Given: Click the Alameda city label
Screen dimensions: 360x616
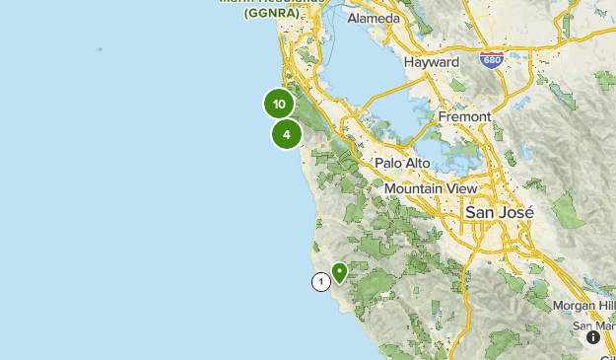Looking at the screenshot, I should tap(374, 19).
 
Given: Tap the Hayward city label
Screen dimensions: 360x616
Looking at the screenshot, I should tap(432, 61).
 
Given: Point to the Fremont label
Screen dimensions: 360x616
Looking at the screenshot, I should tap(464, 116).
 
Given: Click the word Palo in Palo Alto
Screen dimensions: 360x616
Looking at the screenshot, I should tap(389, 163).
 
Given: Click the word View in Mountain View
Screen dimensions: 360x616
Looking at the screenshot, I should tap(464, 188).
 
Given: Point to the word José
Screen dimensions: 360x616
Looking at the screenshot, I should tap(516, 212).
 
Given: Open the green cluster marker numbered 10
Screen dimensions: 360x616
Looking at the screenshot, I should tap(280, 104).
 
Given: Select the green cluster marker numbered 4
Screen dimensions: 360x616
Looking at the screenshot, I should tap(287, 134).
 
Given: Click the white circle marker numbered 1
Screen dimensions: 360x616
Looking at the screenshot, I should tap(320, 282).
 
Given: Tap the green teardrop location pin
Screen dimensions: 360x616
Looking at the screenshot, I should tap(340, 271).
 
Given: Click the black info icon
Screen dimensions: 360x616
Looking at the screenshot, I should tap(593, 337).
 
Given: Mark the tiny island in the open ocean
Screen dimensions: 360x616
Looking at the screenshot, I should tap(99, 48).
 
